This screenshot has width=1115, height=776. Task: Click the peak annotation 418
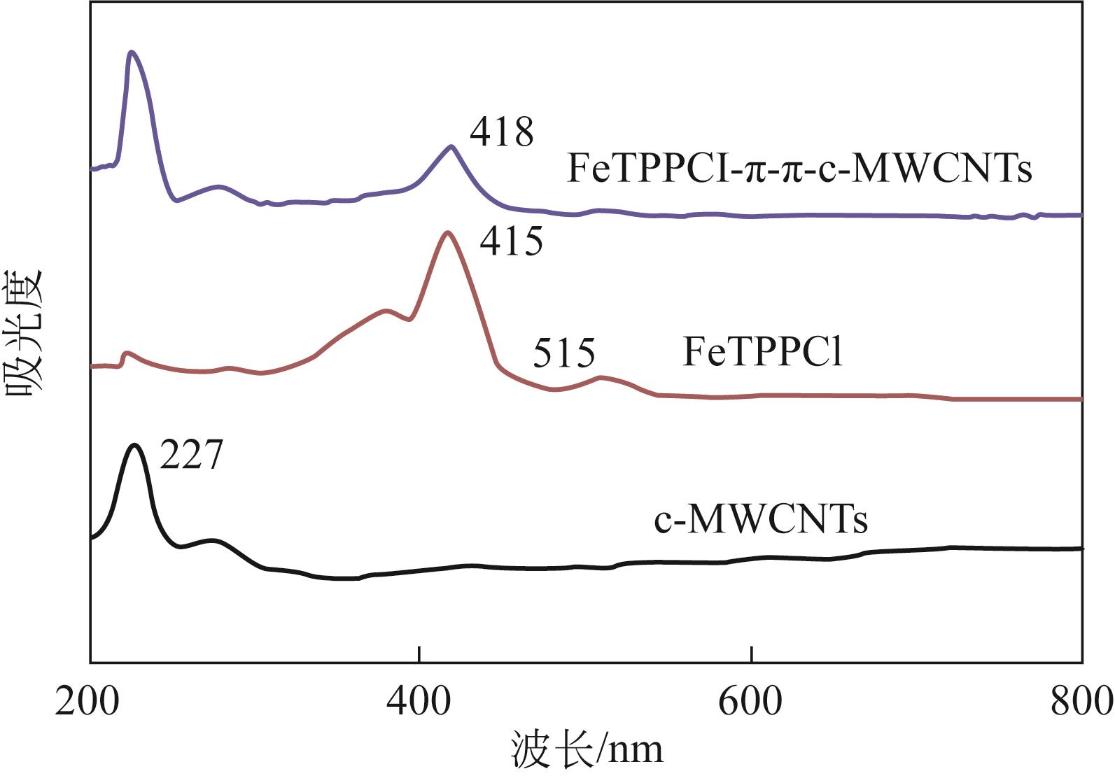pyautogui.click(x=501, y=132)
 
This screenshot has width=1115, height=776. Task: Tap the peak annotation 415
pyautogui.click(x=511, y=241)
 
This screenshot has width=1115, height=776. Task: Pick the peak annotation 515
pyautogui.click(x=563, y=353)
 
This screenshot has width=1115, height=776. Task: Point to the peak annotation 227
pyautogui.click(x=191, y=455)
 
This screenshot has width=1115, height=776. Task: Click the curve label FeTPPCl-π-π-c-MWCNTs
pyautogui.click(x=799, y=169)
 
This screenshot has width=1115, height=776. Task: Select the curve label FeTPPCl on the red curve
pyautogui.click(x=762, y=352)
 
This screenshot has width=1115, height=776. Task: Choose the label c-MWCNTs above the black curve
pyautogui.click(x=761, y=519)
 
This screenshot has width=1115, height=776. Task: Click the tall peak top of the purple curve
pyautogui.click(x=131, y=52)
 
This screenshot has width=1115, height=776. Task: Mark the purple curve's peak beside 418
pyautogui.click(x=451, y=146)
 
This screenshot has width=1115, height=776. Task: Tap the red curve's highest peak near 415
pyautogui.click(x=447, y=232)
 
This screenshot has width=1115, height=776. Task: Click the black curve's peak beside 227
pyautogui.click(x=134, y=445)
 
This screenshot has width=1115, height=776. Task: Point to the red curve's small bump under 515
pyautogui.click(x=601, y=378)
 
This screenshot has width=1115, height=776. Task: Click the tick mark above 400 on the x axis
pyautogui.click(x=419, y=656)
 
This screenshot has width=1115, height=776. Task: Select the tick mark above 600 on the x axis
pyautogui.click(x=751, y=656)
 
